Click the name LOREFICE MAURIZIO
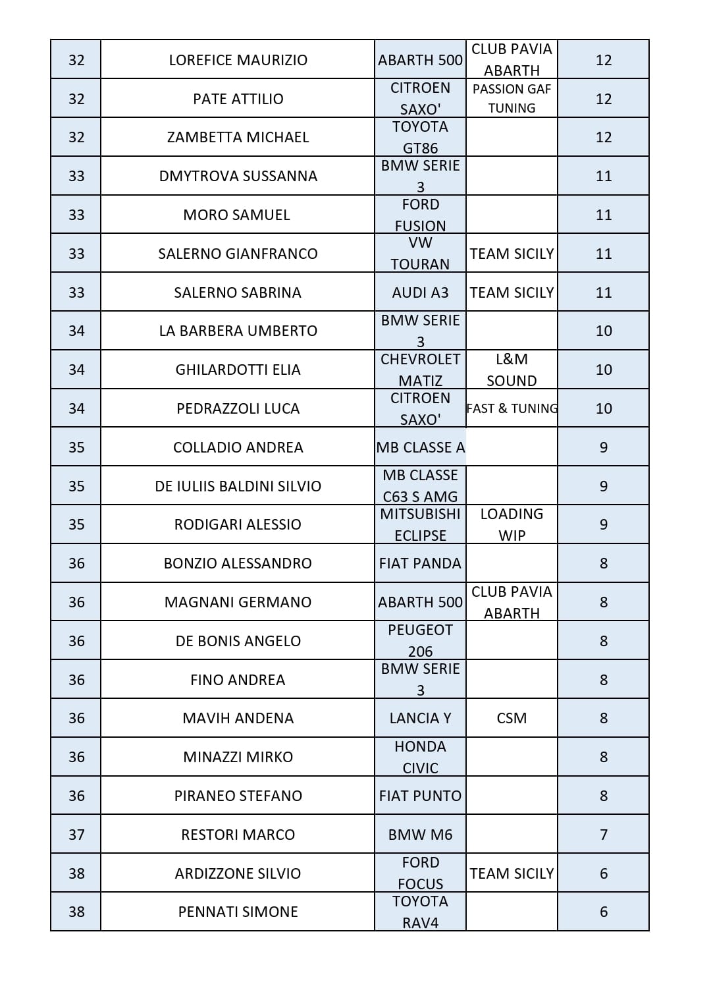click(238, 60)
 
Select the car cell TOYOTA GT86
click(420, 137)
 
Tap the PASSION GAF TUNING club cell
click(512, 99)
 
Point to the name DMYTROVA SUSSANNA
click(238, 176)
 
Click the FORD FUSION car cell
click(420, 215)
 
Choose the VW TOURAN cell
click(420, 254)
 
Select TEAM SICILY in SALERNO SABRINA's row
click(512, 292)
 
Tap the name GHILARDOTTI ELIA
click(238, 370)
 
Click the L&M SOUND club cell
click(512, 370)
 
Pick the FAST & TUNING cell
click(512, 408)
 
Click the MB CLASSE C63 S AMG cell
click(420, 486)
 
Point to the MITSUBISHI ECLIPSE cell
click(420, 524)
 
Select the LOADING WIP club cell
click(512, 524)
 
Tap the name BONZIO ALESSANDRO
click(238, 563)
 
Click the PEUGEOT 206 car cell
click(420, 641)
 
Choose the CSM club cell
click(512, 718)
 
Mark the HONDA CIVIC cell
click(420, 757)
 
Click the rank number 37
click(76, 835)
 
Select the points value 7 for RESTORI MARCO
click(603, 835)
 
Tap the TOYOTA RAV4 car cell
click(420, 912)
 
